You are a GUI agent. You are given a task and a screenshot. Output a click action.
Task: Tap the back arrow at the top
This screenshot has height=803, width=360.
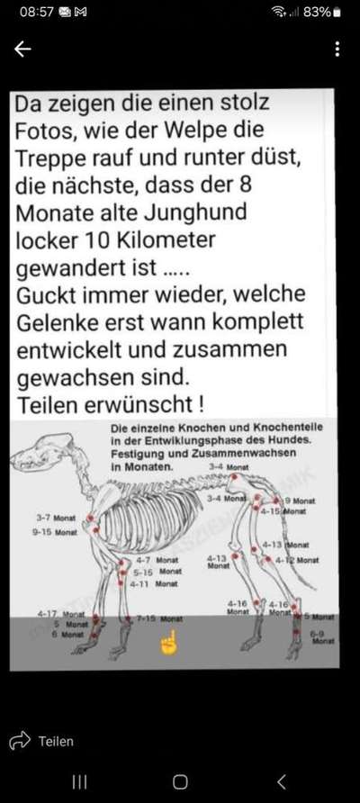point(22,50)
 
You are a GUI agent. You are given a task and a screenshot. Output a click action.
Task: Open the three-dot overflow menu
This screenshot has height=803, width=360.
point(337,50)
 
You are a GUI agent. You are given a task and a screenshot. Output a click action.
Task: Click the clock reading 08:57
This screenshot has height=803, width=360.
point(37,13)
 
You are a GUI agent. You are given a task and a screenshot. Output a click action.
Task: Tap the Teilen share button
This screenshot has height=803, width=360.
point(42,742)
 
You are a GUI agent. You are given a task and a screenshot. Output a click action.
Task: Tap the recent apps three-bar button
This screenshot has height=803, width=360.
point(80,781)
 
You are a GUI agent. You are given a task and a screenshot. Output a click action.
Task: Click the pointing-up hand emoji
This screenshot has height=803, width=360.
point(167,643)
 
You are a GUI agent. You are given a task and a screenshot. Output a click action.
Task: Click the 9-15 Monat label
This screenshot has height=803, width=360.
point(54,533)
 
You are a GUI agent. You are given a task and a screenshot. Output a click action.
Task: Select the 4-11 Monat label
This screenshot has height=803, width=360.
point(155,583)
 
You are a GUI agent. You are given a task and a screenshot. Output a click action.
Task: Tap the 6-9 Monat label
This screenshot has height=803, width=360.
point(321,637)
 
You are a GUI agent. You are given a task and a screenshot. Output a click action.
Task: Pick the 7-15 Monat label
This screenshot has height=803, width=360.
point(159,619)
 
